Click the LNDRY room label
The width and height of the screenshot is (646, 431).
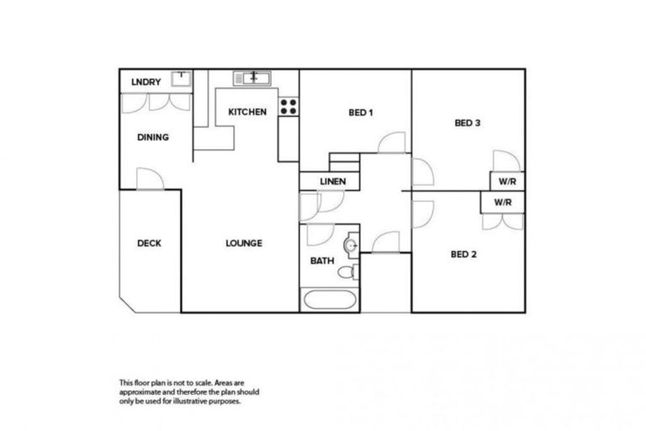(146, 82)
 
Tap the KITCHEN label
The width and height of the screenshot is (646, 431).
(247, 111)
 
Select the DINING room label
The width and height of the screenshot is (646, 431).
(152, 137)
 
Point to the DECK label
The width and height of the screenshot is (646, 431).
(149, 243)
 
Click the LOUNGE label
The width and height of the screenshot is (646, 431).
(244, 243)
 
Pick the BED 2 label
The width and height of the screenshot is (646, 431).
(463, 254)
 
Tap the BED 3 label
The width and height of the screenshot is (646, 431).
(467, 123)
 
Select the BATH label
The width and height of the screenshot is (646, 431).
(322, 261)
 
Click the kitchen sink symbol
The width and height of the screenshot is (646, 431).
(252, 78)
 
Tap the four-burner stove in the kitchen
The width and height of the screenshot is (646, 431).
(288, 107)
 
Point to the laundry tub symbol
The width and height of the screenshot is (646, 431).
(181, 78)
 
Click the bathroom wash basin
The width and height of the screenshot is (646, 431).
(353, 246)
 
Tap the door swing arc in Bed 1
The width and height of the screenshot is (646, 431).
(391, 143)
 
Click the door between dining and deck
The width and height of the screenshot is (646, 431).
(149, 178)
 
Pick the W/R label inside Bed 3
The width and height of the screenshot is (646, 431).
(506, 182)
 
